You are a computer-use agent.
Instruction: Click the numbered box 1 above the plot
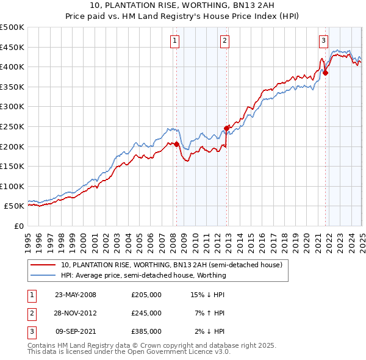[174, 41]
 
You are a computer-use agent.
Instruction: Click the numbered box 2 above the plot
[224, 41]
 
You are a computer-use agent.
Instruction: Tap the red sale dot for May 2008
[177, 144]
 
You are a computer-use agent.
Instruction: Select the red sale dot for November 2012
[227, 128]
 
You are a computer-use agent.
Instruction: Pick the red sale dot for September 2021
[325, 73]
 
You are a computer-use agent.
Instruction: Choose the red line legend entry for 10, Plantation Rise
[171, 265]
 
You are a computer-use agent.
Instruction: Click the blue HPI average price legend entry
[143, 275]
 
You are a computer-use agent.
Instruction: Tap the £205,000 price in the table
[146, 295]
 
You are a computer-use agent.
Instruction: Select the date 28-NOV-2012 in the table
[76, 313]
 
